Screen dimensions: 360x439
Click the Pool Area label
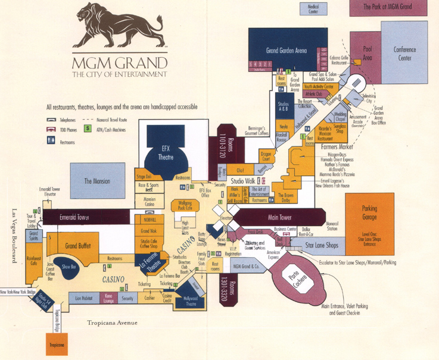click(x=367, y=54)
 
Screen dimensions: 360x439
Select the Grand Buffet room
click(x=77, y=245)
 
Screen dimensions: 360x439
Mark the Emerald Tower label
click(x=74, y=218)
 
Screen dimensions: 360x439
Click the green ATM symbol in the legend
click(x=88, y=127)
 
